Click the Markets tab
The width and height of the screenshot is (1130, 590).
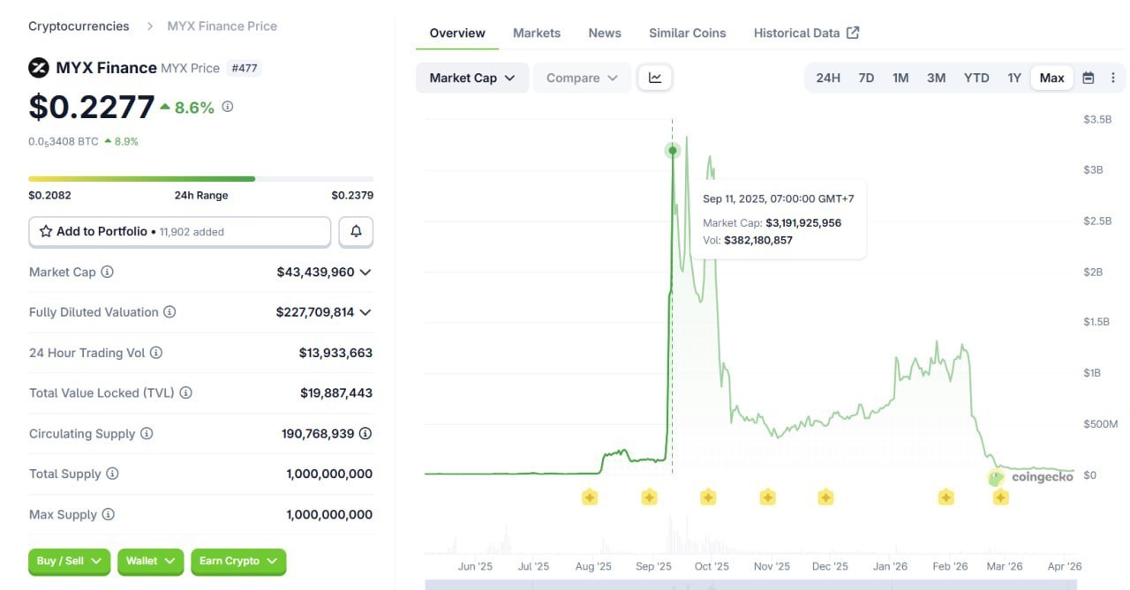pyautogui.click(x=536, y=33)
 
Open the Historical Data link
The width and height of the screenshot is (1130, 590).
pyautogui.click(x=805, y=33)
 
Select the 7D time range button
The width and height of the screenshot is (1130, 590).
pyautogui.click(x=866, y=78)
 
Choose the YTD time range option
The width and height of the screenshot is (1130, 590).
pyautogui.click(x=976, y=78)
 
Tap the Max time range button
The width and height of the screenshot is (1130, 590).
pyautogui.click(x=1051, y=78)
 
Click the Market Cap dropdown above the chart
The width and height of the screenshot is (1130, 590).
pyautogui.click(x=471, y=78)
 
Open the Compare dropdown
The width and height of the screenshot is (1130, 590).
pyautogui.click(x=581, y=78)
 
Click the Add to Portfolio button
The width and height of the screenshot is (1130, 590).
pyautogui.click(x=179, y=232)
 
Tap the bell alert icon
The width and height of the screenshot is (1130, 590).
pyautogui.click(x=356, y=232)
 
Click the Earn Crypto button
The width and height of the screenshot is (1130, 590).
pyautogui.click(x=238, y=561)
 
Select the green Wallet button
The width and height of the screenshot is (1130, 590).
pyautogui.click(x=150, y=561)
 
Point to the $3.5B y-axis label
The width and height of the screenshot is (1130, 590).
pyautogui.click(x=1097, y=119)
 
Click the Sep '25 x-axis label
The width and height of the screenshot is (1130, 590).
pyautogui.click(x=653, y=566)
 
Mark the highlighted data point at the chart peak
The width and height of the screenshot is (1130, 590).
pyautogui.click(x=673, y=151)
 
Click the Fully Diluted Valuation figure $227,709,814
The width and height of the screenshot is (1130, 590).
pyautogui.click(x=314, y=312)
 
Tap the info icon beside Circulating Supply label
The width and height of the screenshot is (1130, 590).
pyautogui.click(x=147, y=434)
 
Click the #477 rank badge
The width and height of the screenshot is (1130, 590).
pyautogui.click(x=244, y=68)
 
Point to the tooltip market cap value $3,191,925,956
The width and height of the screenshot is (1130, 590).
pyautogui.click(x=803, y=223)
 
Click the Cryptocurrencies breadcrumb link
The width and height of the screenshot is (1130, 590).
pyautogui.click(x=79, y=26)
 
